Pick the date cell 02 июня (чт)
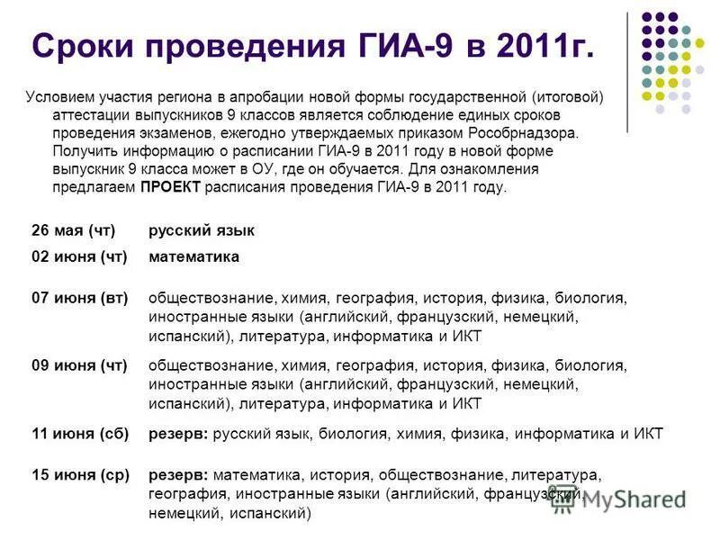pos(79,256)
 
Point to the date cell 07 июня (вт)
pos(79,297)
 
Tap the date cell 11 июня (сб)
pos(80,434)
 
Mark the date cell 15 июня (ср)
pos(80,473)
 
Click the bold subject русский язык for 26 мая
pos(201,230)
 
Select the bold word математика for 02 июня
pos(193,256)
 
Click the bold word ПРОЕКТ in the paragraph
pos(171,188)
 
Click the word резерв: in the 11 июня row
pos(178,434)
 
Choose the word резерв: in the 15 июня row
pos(178,473)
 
